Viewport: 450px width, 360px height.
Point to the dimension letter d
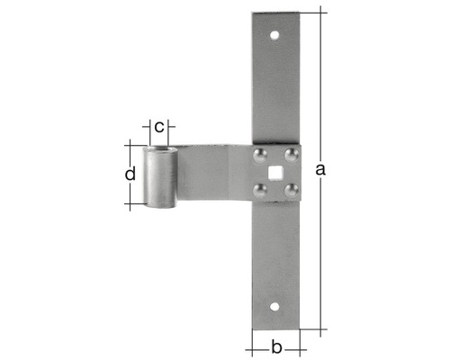click(131, 173)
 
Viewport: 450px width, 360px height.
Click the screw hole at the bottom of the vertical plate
click(275, 305)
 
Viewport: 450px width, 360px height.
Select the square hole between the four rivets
click(275, 172)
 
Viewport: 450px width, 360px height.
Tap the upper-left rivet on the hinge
click(260, 157)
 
